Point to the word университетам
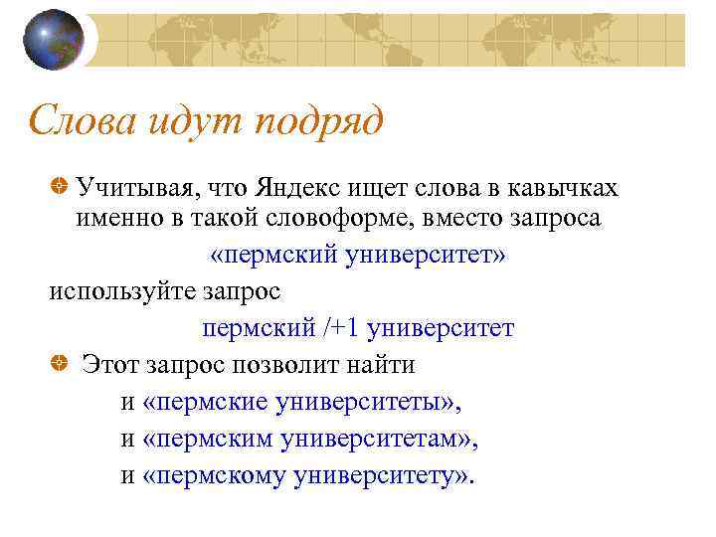[x=375, y=439]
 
